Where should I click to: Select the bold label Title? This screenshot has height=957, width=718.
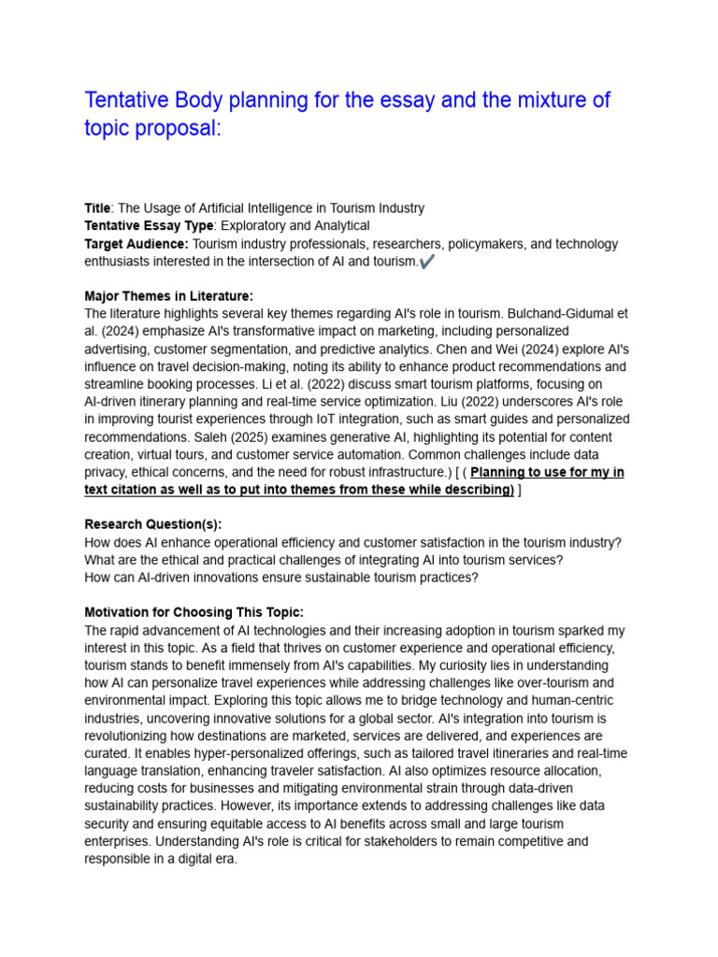(x=97, y=208)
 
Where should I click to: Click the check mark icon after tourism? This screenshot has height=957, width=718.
(x=427, y=263)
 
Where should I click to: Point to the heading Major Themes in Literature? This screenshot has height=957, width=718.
(x=168, y=296)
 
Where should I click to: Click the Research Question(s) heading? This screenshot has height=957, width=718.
(x=153, y=524)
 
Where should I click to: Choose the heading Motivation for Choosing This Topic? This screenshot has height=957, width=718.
(x=194, y=612)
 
